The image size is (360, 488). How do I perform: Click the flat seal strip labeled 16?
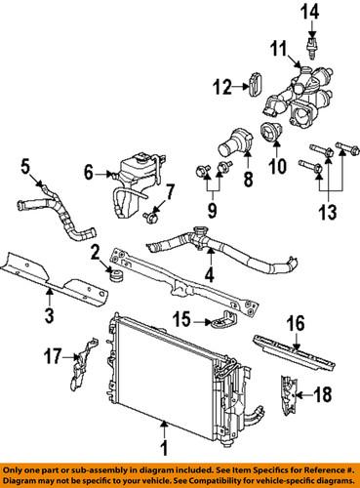(x=293, y=347)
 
